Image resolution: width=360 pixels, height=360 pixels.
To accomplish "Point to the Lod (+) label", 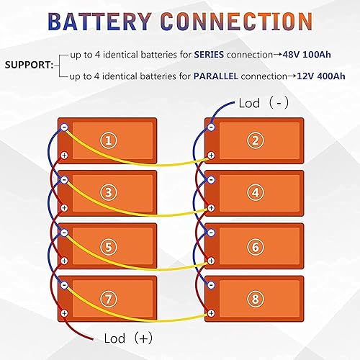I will [127, 338].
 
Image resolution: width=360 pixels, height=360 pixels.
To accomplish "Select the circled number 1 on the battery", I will [108, 141].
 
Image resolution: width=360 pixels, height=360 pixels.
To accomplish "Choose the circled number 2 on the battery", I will [254, 141].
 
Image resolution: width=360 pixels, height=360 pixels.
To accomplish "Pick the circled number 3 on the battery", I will [108, 193].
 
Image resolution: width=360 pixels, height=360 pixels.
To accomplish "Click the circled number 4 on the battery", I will [254, 193].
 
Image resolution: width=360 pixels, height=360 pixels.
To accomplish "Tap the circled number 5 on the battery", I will [108, 246].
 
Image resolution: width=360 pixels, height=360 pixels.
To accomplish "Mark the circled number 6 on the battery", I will [254, 246].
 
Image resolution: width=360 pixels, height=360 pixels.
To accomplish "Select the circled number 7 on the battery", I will [108, 298].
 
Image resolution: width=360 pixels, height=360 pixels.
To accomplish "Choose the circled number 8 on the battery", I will [254, 298].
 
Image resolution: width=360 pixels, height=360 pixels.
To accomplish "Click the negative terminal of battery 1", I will [64, 127].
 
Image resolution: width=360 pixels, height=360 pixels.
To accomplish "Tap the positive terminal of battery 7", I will [64, 312].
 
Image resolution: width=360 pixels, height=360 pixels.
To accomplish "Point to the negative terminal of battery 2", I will [210, 127].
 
